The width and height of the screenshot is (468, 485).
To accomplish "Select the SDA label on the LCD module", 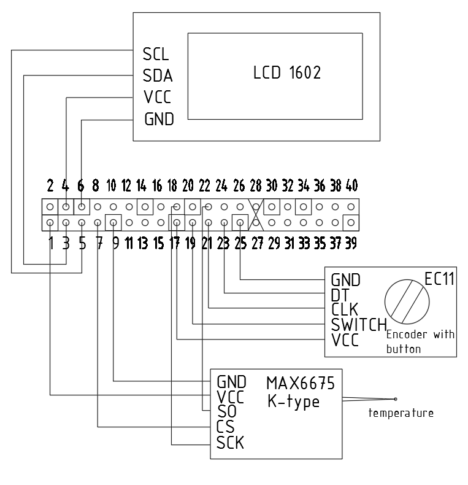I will pos(158,76).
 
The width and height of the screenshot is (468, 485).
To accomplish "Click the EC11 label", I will pos(439,279).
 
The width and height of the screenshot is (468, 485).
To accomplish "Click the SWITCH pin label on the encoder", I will pos(359,324).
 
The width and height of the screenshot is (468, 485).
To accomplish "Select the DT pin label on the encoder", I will pos(339,294).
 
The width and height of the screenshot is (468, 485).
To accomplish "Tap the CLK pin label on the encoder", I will pos(345,309).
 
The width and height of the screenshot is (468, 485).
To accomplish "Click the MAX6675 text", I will pos(301,384).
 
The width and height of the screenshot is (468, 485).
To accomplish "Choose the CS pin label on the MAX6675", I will pos(226,426).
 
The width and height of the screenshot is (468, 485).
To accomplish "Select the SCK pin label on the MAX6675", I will pos(230,442).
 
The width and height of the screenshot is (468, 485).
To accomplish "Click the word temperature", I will pos(401,413).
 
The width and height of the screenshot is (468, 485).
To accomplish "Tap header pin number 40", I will pos(351,184).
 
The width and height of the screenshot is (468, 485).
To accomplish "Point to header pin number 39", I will pos(350,243).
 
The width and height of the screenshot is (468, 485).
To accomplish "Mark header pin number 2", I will pos(50,184).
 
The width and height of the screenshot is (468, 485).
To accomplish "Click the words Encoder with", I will pos(420,334).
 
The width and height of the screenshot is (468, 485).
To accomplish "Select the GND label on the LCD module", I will pos(159,119).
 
